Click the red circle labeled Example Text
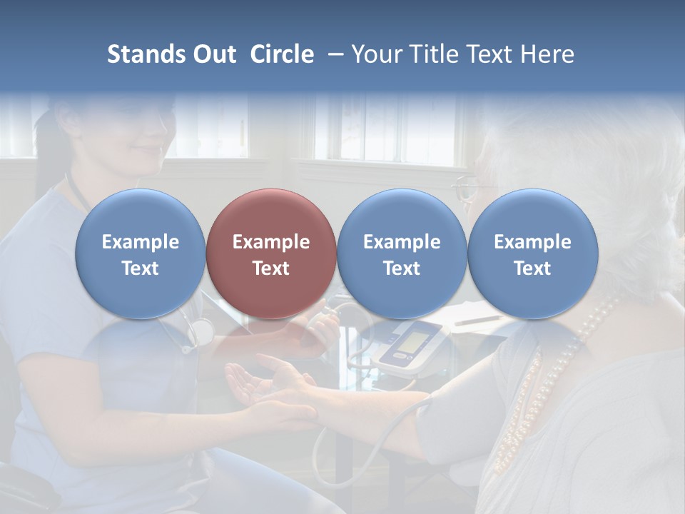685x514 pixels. coord(271,253)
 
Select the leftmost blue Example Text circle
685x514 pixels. coord(141,253)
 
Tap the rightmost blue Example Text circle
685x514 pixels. coord(532,253)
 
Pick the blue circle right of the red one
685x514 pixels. coord(402,253)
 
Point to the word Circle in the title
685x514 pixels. coord(282,54)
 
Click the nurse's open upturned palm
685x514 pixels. coord(246,385)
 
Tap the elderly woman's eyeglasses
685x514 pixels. coord(465,187)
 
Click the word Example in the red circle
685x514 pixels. coord(271,242)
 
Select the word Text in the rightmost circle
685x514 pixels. coord(532,268)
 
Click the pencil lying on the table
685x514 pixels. coord(477,319)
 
